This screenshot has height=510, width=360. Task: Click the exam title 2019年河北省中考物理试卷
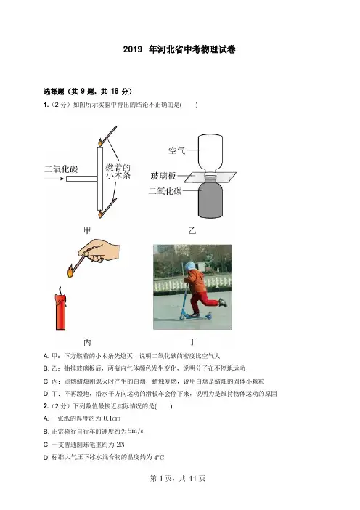click(x=179, y=49)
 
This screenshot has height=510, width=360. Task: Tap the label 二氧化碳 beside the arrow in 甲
click(x=61, y=169)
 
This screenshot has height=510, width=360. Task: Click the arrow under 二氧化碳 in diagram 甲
click(x=54, y=179)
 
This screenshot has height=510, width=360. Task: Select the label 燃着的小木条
click(x=118, y=171)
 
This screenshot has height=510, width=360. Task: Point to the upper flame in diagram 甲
click(x=100, y=142)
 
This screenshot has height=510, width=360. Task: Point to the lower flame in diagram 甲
click(x=101, y=214)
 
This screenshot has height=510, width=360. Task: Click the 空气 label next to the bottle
click(x=177, y=150)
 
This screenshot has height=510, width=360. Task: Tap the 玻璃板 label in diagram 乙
click(x=163, y=176)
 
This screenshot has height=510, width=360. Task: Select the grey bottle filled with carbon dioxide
click(x=210, y=199)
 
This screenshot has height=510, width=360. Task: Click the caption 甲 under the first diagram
click(x=87, y=230)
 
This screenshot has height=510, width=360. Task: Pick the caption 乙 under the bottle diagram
click(x=192, y=230)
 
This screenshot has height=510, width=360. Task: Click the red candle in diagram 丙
click(x=61, y=312)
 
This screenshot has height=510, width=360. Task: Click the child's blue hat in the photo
click(x=189, y=266)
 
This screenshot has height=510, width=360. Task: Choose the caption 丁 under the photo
click(x=192, y=342)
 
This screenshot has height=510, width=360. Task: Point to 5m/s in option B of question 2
click(x=136, y=432)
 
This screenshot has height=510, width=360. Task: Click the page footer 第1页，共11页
click(x=178, y=478)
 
